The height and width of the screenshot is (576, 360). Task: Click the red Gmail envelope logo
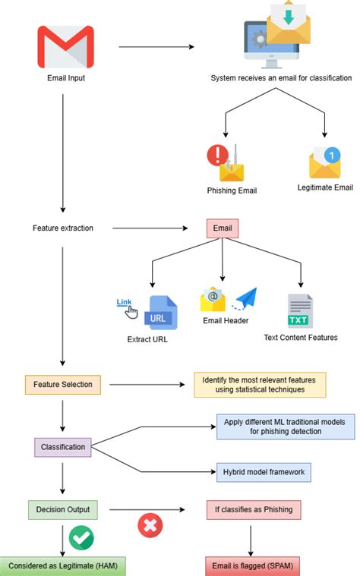pos(66,47)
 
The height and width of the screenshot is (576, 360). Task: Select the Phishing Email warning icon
pos(226,162)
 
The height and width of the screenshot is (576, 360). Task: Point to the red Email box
pos(222,228)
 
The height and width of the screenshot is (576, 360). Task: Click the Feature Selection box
pos(62,384)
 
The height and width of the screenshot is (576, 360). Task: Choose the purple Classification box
pos(62,447)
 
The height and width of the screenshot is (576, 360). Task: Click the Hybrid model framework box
pos(264,472)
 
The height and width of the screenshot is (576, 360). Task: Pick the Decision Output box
pos(62,509)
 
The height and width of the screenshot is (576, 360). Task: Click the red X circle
pos(150,525)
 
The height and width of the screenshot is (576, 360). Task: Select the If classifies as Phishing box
pos(250,509)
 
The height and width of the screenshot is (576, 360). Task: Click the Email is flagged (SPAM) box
pos(250,565)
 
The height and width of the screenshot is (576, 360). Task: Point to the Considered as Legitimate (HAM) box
pos(62,565)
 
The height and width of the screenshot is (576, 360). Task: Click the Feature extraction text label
pos(63,228)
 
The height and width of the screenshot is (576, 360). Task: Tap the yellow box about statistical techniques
pos(261,384)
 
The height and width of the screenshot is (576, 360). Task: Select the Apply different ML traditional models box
pos(286,426)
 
